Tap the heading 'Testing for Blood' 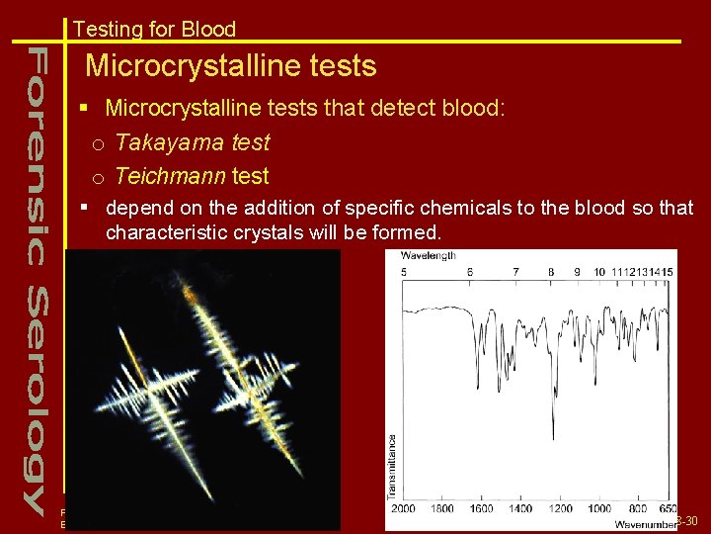pyautogui.click(x=154, y=29)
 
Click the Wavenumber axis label pyautogui.click(x=645, y=523)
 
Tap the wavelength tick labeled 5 pyautogui.click(x=403, y=271)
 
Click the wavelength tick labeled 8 pyautogui.click(x=550, y=271)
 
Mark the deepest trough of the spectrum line pyautogui.click(x=552, y=437)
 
